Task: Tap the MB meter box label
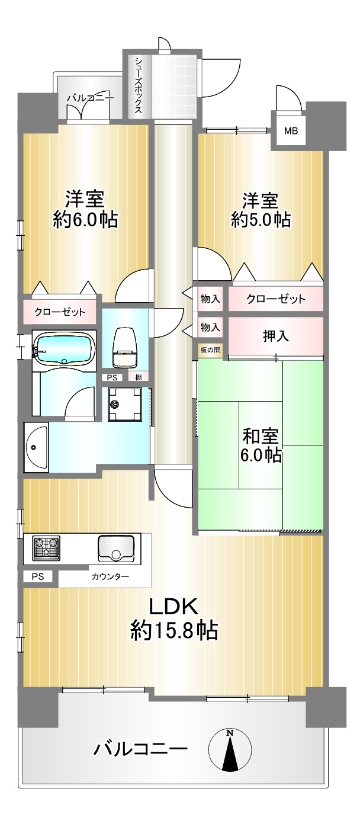[x=291, y=130]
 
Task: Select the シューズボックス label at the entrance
[x=139, y=85]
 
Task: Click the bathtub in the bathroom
[x=64, y=348]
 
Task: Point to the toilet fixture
[x=125, y=348]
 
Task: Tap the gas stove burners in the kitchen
[x=46, y=548]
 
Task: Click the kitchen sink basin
[x=116, y=548]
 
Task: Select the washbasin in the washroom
[x=36, y=447]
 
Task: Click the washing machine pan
[x=125, y=405]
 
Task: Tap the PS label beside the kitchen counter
[x=37, y=576]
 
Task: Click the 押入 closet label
[x=276, y=336]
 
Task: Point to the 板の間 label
[x=210, y=350]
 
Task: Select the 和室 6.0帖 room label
[x=261, y=445]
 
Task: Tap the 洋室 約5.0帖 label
[x=261, y=210]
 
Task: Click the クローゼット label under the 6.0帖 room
[x=60, y=312]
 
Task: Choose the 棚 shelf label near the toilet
[x=139, y=377]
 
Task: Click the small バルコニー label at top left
[x=91, y=98]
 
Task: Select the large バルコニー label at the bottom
[x=140, y=748]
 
